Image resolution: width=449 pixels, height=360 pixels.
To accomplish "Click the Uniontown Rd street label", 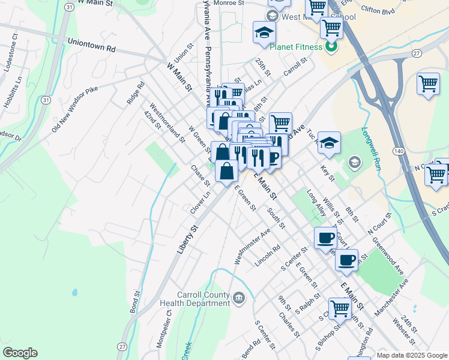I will point(91,46).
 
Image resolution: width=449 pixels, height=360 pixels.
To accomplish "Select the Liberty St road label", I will point(187,239).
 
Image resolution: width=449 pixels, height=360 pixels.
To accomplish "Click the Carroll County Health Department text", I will point(203,299).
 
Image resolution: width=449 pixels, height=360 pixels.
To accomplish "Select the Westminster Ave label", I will point(252,245).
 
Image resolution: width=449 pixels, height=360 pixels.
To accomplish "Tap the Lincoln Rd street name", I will point(268,256).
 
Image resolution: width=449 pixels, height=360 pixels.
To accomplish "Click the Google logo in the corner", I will point(20,353).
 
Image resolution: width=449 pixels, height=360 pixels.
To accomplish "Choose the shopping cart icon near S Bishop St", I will point(340,308).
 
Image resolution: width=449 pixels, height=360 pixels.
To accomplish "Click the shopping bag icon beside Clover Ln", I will point(227,172).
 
